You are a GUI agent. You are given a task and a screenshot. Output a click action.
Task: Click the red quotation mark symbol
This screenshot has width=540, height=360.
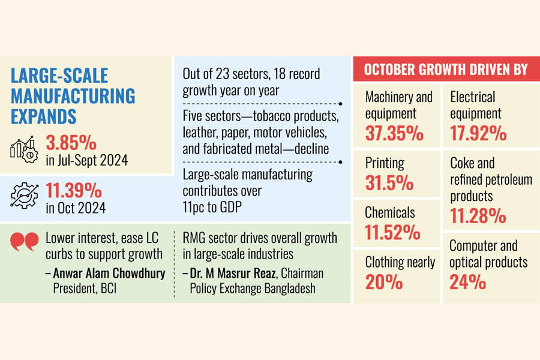[x=24, y=242]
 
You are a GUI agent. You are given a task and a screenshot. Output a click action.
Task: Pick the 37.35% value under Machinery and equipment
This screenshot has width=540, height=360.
[x=394, y=133]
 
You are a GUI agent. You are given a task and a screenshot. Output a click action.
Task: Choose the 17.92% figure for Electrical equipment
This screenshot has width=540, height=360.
[x=479, y=133]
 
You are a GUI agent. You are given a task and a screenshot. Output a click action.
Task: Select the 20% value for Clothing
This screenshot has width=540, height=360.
[x=384, y=281]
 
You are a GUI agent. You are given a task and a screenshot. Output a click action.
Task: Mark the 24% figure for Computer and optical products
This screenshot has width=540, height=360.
[x=467, y=281]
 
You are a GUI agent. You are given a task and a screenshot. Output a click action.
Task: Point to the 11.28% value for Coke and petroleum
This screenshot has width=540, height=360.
[x=478, y=215]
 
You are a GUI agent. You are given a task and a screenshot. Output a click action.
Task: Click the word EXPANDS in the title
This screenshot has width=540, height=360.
[x=44, y=115]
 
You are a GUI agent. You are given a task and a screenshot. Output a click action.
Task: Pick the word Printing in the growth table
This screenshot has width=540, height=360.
[x=385, y=163]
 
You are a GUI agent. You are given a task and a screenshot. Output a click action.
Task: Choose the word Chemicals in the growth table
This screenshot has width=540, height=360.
[x=391, y=212]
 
